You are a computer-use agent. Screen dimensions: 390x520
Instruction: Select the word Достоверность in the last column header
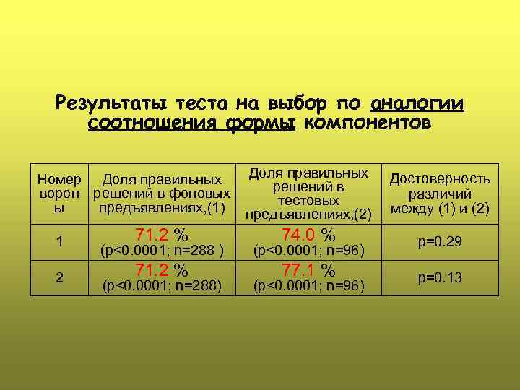[x=441, y=179]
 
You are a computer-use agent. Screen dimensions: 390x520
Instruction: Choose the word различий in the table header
[x=440, y=194]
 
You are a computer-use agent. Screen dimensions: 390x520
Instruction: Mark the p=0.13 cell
[x=440, y=278]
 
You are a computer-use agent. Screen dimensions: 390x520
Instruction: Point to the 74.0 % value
[x=308, y=235]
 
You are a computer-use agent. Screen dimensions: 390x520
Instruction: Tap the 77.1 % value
[x=308, y=271]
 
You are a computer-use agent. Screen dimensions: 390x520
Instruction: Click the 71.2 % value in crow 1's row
[x=162, y=235]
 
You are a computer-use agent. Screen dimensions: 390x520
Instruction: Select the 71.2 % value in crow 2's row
[x=162, y=271]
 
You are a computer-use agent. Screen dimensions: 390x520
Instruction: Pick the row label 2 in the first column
[x=59, y=278]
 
